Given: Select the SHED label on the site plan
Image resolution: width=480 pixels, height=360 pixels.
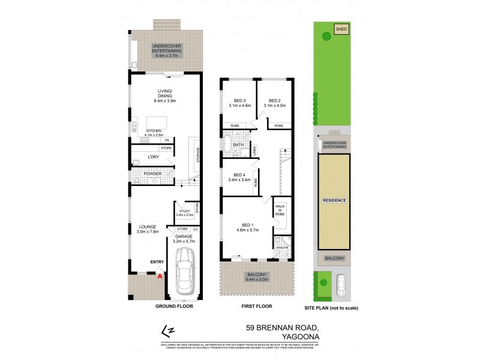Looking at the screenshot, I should pyautogui.click(x=341, y=28).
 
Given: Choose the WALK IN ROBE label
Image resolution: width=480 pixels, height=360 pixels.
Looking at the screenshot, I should pyautogui.click(x=280, y=209).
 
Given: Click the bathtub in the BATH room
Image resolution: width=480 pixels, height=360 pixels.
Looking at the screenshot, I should pyautogui.click(x=228, y=145).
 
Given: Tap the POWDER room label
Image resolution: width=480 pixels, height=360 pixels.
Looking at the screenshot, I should pyautogui.click(x=152, y=174).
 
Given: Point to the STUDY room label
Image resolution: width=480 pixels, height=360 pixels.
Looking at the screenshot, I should pyautogui.click(x=184, y=212).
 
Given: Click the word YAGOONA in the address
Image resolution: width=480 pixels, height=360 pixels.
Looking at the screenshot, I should pyautogui.click(x=297, y=337).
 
